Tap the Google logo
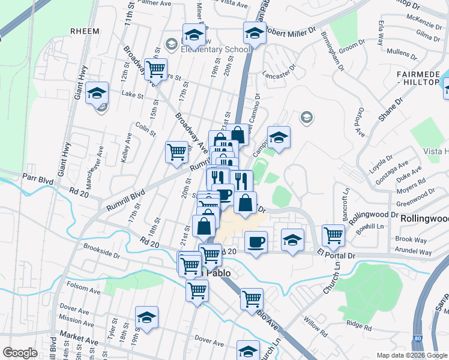tap(20, 353)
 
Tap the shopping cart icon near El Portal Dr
tap(333, 235)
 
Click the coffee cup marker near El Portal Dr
tap(256, 242)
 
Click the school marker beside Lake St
tap(97, 93)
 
